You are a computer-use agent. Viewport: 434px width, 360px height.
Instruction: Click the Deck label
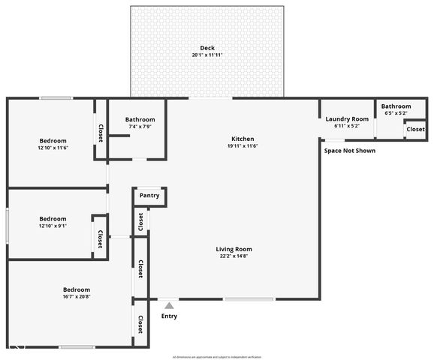207,48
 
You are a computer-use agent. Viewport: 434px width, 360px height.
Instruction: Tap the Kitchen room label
243,139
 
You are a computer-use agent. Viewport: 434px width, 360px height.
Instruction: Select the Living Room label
234,249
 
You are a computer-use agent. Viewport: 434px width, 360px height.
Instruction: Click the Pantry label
149,196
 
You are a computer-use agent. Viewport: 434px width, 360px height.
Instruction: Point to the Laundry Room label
347,119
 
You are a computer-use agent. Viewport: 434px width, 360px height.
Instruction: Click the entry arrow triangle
170,305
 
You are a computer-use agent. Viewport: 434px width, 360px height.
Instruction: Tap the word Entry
170,316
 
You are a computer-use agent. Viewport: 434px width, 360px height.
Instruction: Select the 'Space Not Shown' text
350,151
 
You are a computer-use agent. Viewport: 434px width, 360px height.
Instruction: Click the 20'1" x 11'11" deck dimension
207,55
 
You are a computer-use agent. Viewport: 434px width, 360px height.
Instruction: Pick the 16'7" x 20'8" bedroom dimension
77,297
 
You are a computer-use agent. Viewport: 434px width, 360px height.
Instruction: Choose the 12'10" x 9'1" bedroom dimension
53,226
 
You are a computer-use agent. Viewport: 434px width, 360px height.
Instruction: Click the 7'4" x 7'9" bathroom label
140,126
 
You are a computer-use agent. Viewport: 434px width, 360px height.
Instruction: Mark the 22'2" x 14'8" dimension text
234,256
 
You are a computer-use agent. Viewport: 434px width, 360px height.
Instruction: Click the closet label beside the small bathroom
415,130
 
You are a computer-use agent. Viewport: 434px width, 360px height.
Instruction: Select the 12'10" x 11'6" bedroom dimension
53,148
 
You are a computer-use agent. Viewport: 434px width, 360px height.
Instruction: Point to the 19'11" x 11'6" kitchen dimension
243,146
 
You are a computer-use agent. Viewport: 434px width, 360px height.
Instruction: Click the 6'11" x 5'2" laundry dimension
347,126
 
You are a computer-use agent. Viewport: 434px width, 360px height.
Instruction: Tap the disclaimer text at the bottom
217,356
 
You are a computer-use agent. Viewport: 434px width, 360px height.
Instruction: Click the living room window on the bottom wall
249,299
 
